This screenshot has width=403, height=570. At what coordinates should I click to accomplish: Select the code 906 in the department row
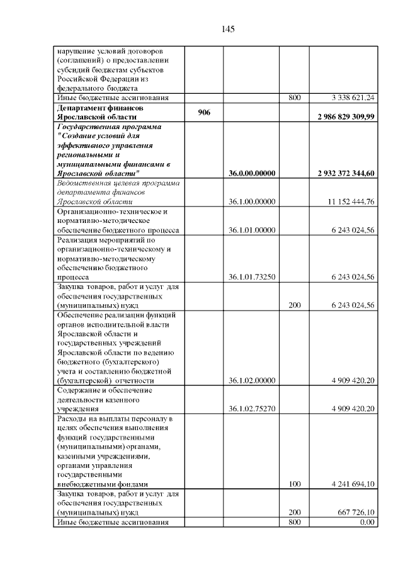coord(203,111)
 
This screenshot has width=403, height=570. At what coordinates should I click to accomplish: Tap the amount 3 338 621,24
coord(353,98)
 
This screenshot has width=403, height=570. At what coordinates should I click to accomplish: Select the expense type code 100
coord(294,484)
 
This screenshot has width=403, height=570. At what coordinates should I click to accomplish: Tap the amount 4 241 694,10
coord(353,484)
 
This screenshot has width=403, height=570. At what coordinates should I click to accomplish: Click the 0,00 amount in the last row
coord(367,522)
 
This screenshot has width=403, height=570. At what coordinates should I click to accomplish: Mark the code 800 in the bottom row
coord(294,522)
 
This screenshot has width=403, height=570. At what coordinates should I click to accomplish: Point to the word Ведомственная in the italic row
coord(84,183)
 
